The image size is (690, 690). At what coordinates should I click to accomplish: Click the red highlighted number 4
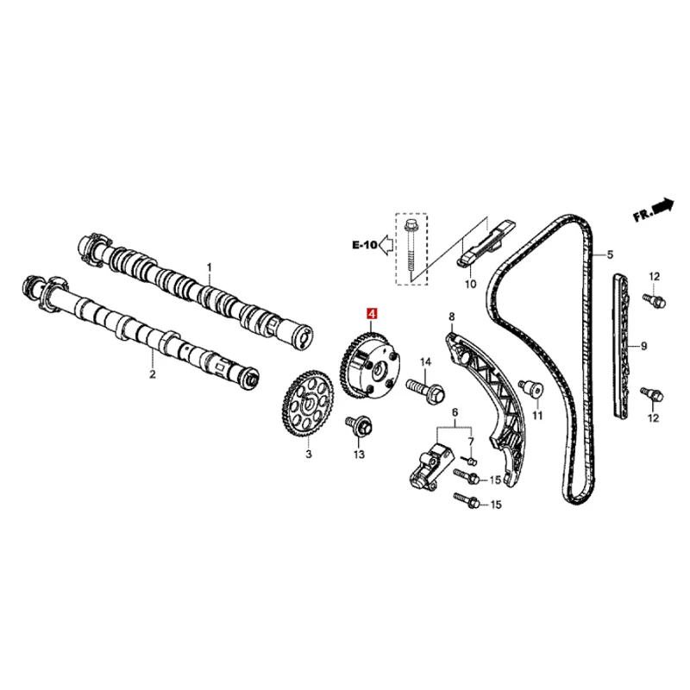point(372,317)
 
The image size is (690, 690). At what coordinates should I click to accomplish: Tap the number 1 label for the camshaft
point(208,267)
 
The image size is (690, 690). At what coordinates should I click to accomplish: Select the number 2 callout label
point(152,374)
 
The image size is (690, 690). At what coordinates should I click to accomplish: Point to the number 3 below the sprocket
point(307,452)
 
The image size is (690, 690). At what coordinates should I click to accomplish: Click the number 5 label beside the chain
point(609,254)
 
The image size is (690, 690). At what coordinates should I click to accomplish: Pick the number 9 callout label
point(643,347)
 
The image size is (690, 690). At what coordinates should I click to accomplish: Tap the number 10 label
point(470,284)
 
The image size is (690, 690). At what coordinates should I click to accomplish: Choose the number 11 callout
point(537,416)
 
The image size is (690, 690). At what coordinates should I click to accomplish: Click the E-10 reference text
point(364,246)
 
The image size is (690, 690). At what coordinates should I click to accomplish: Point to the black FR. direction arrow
point(662,208)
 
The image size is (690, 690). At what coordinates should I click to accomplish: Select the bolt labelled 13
point(357,426)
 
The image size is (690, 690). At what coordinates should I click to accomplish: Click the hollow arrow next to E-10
point(387,246)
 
